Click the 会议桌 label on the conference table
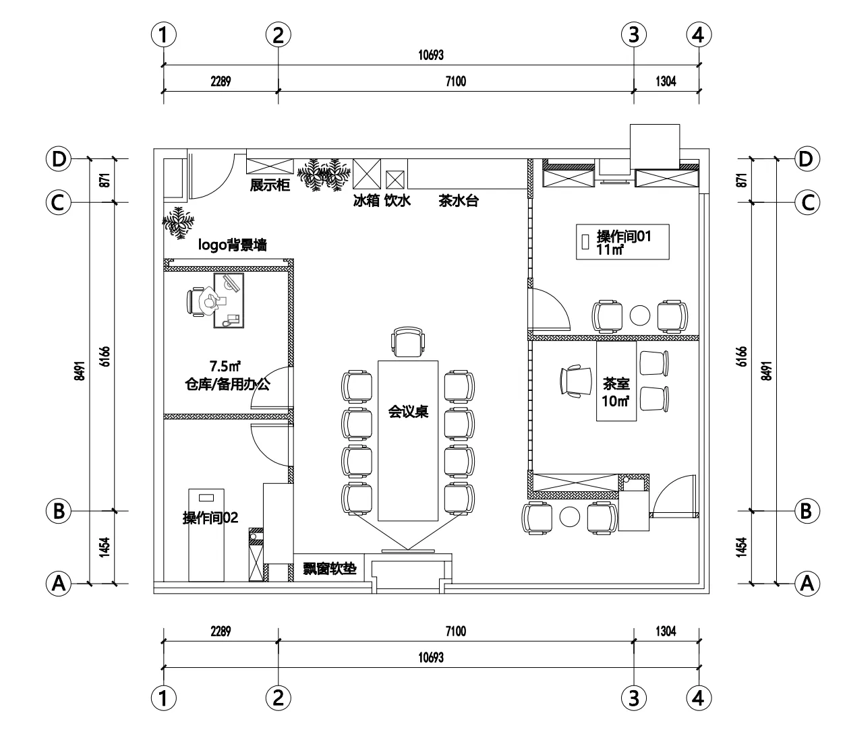408,412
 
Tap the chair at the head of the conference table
408,342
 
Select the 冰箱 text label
366,201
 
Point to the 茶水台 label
459,201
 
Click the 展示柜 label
270,185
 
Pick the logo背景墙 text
232,245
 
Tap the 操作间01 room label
624,237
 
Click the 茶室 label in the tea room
616,383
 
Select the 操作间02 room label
210,518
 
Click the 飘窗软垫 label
330,568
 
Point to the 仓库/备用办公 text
227,384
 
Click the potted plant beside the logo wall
179,222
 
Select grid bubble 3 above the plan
633,34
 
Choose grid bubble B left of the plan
59,511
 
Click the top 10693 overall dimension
431,55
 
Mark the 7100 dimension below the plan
456,631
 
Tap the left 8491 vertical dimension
80,371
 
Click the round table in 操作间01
639,315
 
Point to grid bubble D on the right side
806,159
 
